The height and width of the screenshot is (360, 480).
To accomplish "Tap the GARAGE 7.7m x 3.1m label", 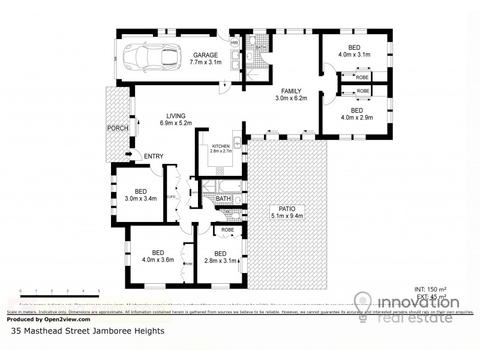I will pos(205,58).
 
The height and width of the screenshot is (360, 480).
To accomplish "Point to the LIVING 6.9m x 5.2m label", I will pos(176,119).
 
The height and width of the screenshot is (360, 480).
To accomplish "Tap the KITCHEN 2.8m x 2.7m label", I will pos(220,148).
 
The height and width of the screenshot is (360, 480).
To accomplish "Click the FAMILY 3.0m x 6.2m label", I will pos(291,95).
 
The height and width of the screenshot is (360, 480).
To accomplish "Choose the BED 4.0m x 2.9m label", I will pos(356,114).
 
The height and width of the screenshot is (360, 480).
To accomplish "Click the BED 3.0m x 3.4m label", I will pos(140,195).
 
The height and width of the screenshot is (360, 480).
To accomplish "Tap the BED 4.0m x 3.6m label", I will pos(158,256).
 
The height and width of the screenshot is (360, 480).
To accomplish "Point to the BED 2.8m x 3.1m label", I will pos(220,257).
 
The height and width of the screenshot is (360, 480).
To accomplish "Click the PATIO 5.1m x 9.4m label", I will pos(287,212).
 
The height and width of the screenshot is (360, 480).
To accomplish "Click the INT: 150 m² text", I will pos(431,289).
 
